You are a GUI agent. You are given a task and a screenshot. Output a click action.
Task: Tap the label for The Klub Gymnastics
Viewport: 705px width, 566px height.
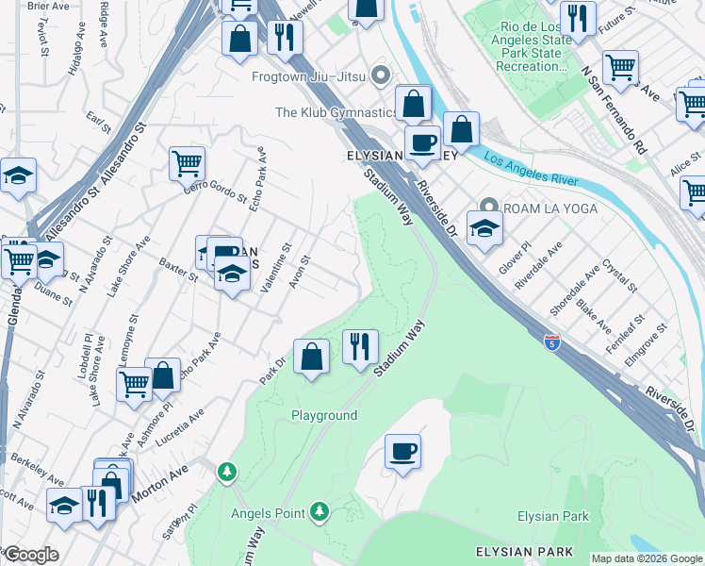point(336,112)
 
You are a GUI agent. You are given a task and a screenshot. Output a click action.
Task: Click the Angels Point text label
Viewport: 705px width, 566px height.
point(268,513)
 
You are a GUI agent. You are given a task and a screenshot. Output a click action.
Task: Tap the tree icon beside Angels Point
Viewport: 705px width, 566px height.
point(320,511)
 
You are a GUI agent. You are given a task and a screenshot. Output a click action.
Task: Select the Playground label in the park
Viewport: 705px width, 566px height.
point(324,415)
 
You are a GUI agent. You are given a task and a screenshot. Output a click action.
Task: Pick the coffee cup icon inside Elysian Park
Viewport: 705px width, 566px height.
point(402,451)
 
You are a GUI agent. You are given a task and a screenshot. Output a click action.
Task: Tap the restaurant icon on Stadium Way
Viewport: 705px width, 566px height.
point(360,346)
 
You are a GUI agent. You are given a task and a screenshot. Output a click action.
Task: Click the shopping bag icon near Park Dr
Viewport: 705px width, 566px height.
point(311,357)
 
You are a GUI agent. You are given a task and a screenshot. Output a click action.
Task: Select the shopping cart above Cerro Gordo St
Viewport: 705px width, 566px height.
point(188,162)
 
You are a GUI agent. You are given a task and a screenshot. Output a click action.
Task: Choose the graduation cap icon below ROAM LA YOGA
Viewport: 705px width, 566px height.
point(484,228)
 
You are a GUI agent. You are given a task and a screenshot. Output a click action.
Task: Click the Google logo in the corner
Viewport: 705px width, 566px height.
point(31,555)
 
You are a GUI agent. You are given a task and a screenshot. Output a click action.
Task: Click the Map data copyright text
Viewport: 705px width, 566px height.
point(647,558)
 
